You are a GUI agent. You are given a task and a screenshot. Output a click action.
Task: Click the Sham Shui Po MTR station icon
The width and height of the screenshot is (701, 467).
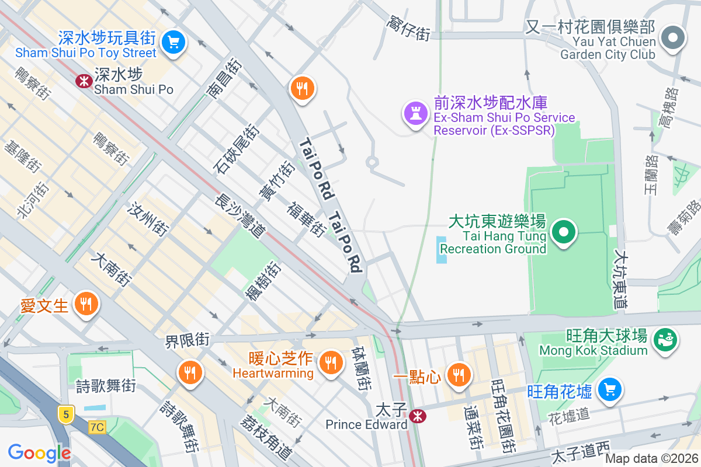[x=84, y=81]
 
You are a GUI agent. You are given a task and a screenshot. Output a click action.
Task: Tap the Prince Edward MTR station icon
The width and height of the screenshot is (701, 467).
[x=417, y=416]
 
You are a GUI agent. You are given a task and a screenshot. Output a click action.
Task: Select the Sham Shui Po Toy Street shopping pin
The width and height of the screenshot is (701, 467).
[x=173, y=42]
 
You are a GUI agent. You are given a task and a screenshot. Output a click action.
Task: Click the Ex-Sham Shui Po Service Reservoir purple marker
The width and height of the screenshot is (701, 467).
[x=415, y=113]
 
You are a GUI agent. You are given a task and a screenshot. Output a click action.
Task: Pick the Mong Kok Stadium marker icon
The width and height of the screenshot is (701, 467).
[x=665, y=339]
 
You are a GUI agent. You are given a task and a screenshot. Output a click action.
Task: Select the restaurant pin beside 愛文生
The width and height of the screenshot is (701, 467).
[x=86, y=304]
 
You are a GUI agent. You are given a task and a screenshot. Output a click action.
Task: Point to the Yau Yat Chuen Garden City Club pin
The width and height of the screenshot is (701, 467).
[x=673, y=39]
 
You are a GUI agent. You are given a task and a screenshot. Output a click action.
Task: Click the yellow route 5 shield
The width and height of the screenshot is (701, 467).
[x=67, y=414]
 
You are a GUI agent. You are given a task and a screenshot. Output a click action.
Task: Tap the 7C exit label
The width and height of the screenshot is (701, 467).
[x=97, y=427]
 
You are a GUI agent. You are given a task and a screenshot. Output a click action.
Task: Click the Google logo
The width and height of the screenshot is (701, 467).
[x=39, y=452]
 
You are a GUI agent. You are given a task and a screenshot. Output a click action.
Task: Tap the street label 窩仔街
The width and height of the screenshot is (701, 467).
[x=408, y=28]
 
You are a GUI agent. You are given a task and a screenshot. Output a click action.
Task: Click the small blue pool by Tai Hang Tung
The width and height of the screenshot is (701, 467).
[x=442, y=249]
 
